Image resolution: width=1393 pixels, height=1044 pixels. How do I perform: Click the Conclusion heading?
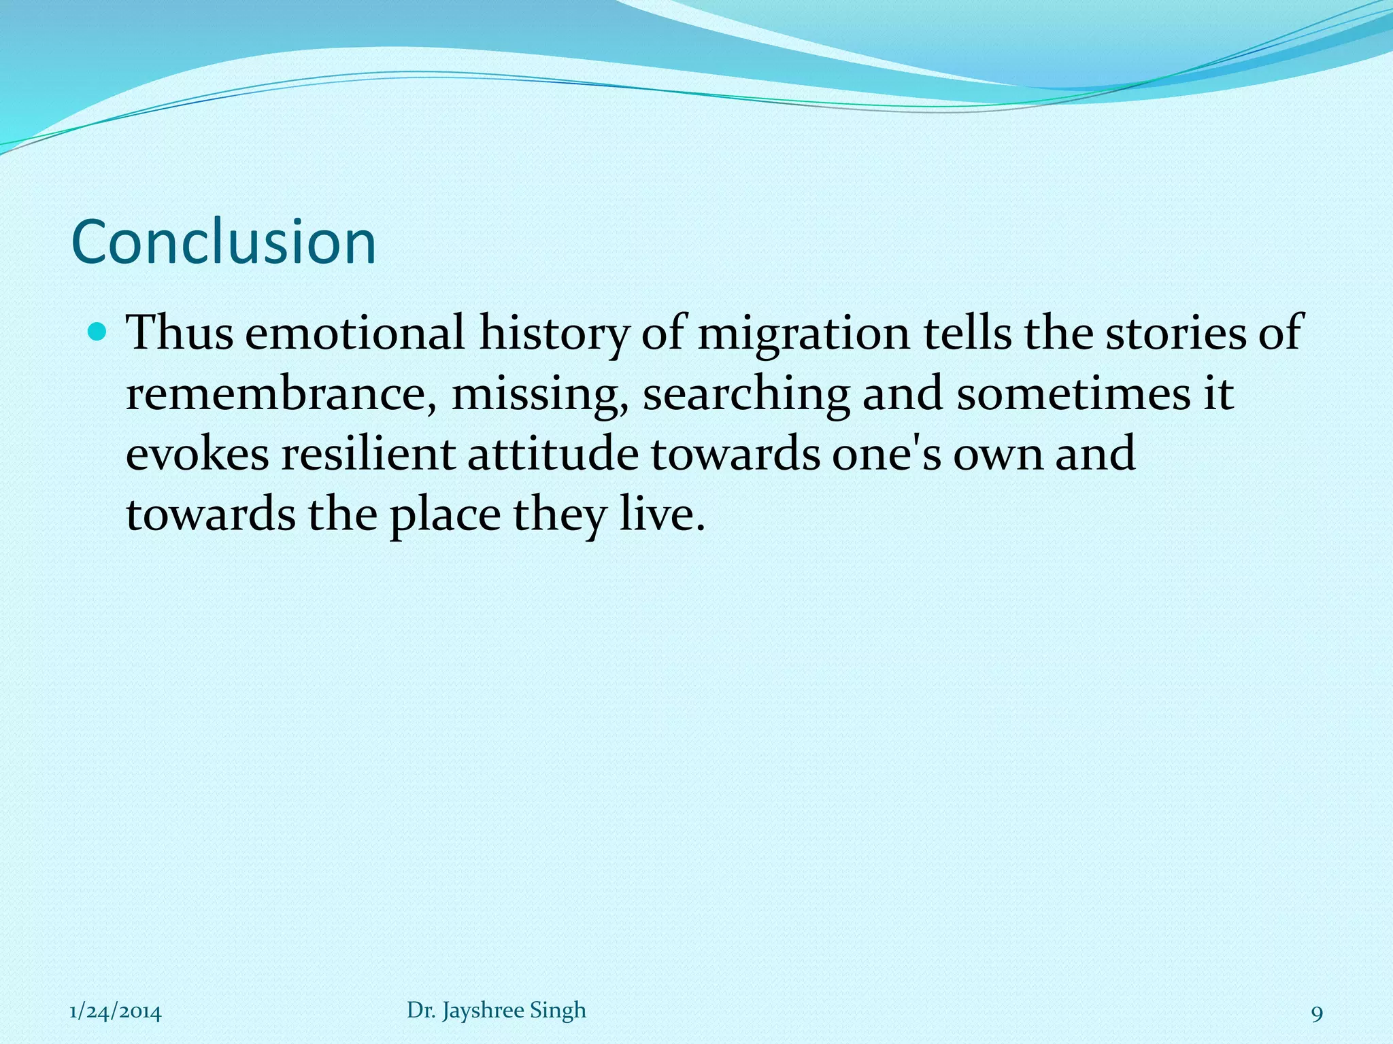[x=223, y=243]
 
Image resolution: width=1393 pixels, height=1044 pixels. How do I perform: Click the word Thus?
[x=180, y=333]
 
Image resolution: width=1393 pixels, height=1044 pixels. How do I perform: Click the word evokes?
[x=197, y=454]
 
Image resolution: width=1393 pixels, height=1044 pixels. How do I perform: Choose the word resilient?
[x=368, y=454]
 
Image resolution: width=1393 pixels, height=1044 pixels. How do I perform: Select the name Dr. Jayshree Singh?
[x=496, y=1011]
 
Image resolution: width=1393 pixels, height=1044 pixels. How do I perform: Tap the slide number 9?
[x=1316, y=1014]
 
